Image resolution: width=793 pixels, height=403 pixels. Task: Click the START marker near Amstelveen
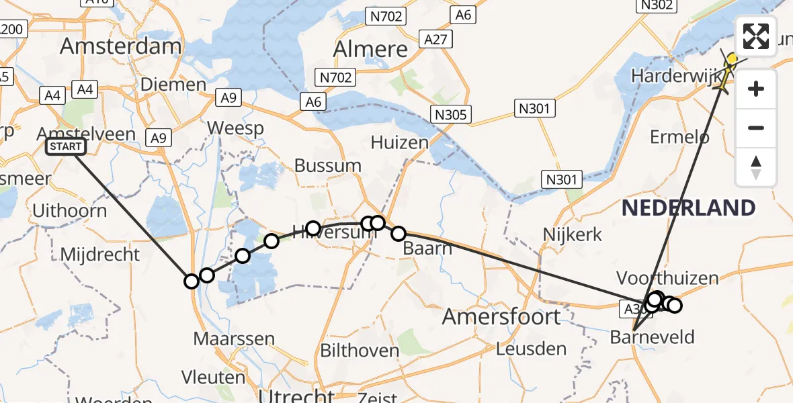click(66, 146)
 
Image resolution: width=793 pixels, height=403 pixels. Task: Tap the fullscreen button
click(756, 36)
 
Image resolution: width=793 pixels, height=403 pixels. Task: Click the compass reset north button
click(756, 168)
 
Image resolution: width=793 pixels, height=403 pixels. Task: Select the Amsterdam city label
click(121, 46)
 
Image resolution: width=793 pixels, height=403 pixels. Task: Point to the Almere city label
click(370, 49)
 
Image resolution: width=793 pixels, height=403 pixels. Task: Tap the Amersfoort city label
click(501, 316)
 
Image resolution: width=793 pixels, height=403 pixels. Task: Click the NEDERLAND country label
click(688, 208)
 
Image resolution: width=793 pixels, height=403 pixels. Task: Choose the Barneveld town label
click(652, 337)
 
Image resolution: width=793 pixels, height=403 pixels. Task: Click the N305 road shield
click(450, 115)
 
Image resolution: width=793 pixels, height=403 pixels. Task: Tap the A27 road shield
click(435, 39)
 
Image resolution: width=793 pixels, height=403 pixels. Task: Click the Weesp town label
click(235, 128)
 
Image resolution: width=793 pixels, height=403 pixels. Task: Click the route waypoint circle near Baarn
click(399, 234)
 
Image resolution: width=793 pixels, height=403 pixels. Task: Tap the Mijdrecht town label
click(100, 255)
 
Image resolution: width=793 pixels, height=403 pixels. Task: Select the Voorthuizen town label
click(667, 278)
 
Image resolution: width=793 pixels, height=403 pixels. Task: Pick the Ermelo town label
click(679, 137)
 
